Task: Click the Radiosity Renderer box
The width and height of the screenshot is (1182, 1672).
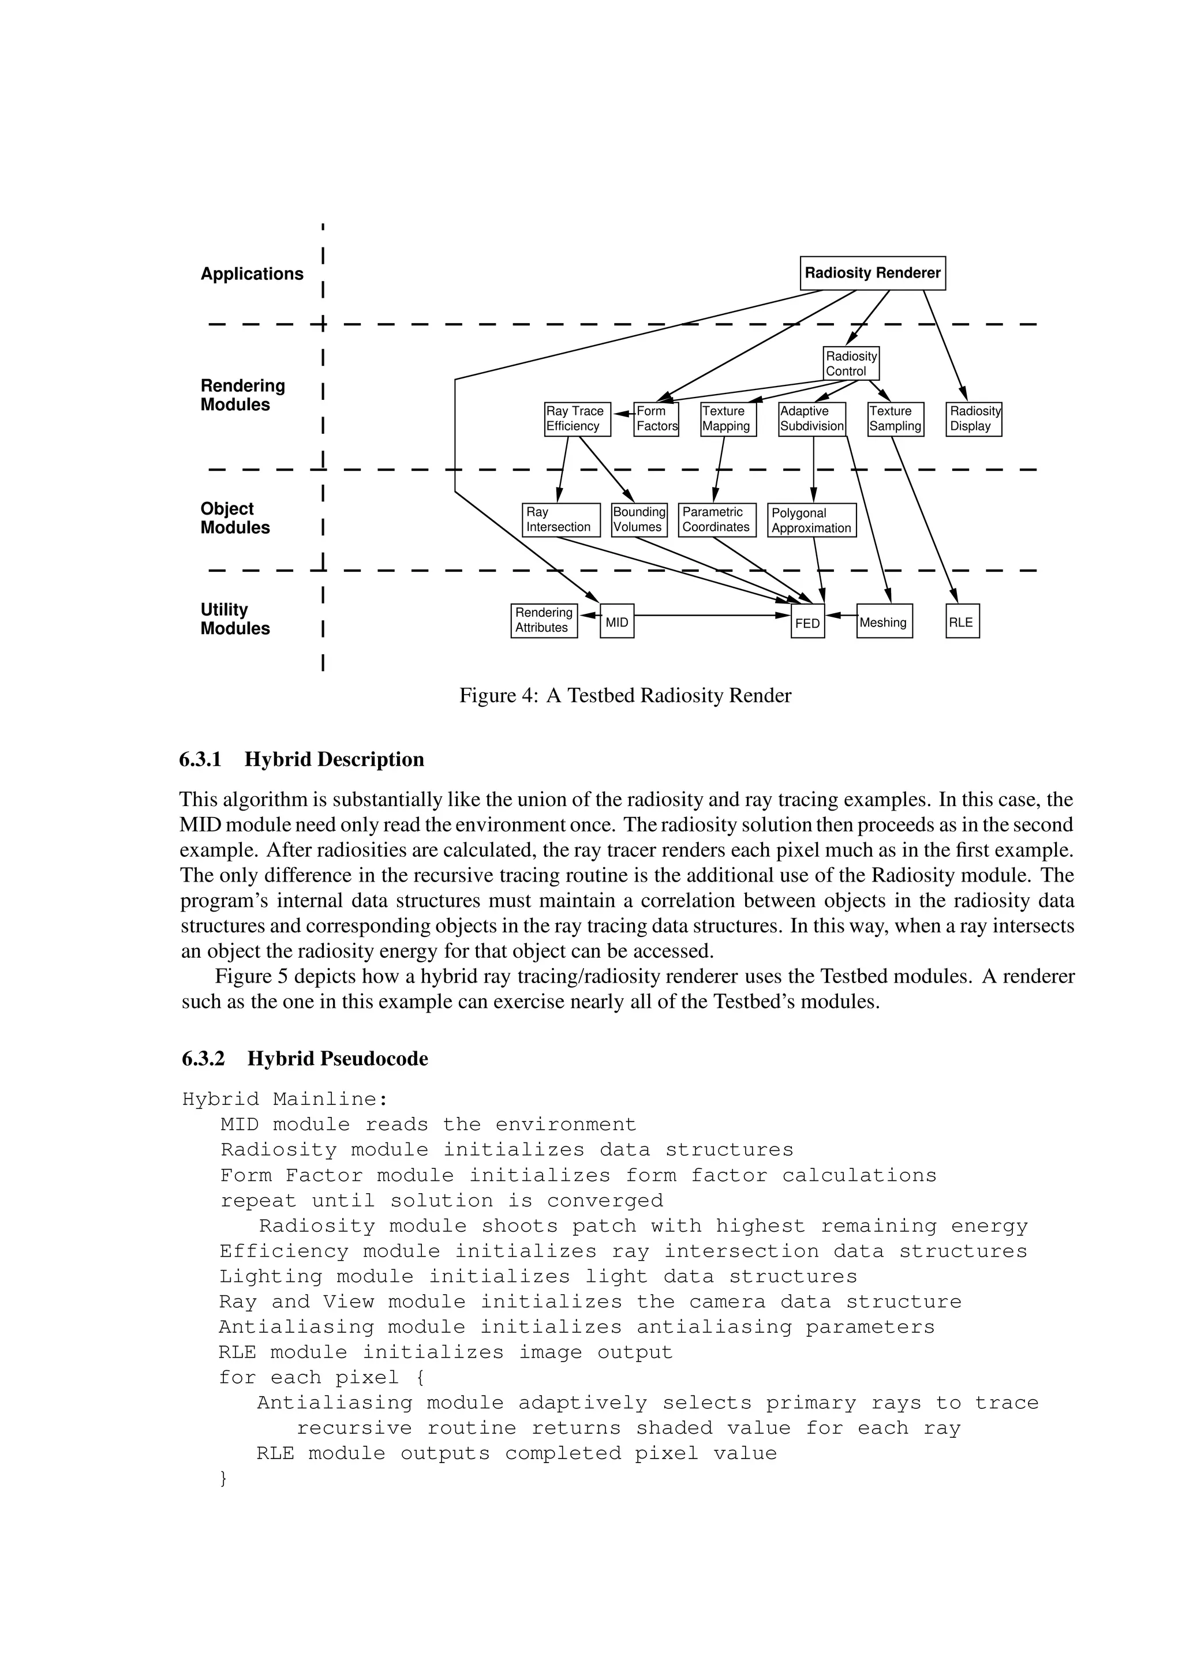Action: pyautogui.click(x=873, y=273)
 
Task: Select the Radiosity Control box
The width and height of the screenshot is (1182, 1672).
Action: pyautogui.click(x=851, y=363)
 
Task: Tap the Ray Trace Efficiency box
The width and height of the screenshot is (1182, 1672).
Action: pyautogui.click(x=577, y=419)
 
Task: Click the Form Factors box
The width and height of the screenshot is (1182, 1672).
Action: pyautogui.click(x=656, y=419)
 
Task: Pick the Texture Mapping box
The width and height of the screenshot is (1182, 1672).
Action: pyautogui.click(x=728, y=419)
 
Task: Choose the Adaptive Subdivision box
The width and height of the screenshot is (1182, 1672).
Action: pyautogui.click(x=811, y=419)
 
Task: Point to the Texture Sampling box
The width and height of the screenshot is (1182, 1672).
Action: pyautogui.click(x=895, y=419)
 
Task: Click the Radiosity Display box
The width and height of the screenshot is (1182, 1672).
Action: pyautogui.click(x=974, y=419)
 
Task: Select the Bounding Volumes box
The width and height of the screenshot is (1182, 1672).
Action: pyautogui.click(x=639, y=520)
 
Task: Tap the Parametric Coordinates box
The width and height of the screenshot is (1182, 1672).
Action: pyautogui.click(x=717, y=520)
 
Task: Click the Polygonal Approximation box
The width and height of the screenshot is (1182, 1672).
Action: pyautogui.click(x=811, y=520)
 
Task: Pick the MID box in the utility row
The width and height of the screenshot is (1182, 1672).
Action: pyautogui.click(x=617, y=621)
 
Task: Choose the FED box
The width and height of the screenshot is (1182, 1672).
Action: pyautogui.click(x=807, y=622)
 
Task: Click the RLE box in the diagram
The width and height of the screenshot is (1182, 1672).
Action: pyautogui.click(x=962, y=621)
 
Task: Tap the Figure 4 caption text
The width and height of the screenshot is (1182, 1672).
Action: pyautogui.click(x=625, y=695)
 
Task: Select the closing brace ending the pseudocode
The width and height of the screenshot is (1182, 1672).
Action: pyautogui.click(x=223, y=1478)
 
